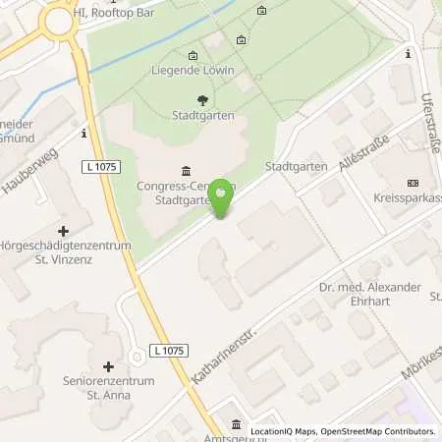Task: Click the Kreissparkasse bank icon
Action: coord(412,183)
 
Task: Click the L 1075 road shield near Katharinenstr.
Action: coord(169,351)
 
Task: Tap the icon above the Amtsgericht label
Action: coord(236,424)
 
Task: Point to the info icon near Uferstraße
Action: coord(407,55)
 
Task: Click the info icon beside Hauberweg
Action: coord(85,132)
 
